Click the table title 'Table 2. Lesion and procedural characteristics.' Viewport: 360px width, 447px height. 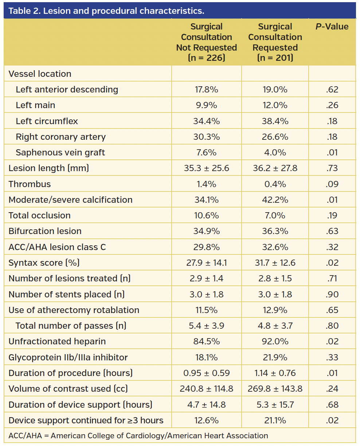(x=106, y=11)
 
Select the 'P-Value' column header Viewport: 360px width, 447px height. (x=332, y=27)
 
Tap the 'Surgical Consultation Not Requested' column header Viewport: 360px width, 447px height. (x=206, y=42)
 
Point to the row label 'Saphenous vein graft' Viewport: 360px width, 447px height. (x=60, y=153)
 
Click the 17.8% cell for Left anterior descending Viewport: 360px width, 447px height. (x=206, y=90)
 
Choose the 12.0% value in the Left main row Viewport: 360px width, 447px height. (x=275, y=105)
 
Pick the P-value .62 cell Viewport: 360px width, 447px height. (x=332, y=90)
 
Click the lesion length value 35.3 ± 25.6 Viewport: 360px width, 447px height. (x=206, y=168)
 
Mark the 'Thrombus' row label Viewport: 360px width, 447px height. (x=30, y=184)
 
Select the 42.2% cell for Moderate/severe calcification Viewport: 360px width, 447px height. (x=275, y=200)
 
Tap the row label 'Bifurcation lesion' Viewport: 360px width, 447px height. (x=45, y=231)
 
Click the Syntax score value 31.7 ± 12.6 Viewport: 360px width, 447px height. (x=275, y=263)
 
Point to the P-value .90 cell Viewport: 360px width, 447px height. (x=332, y=294)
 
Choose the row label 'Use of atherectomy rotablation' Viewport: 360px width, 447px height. (x=74, y=310)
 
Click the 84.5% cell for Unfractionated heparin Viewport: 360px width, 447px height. (x=206, y=341)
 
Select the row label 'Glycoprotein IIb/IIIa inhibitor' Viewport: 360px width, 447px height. (x=68, y=357)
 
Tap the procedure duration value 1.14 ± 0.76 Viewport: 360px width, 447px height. (x=275, y=373)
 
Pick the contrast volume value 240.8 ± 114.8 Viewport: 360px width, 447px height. (x=206, y=389)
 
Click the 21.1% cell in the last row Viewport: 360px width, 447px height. (x=275, y=420)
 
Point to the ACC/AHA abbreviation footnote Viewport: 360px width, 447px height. (x=138, y=435)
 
